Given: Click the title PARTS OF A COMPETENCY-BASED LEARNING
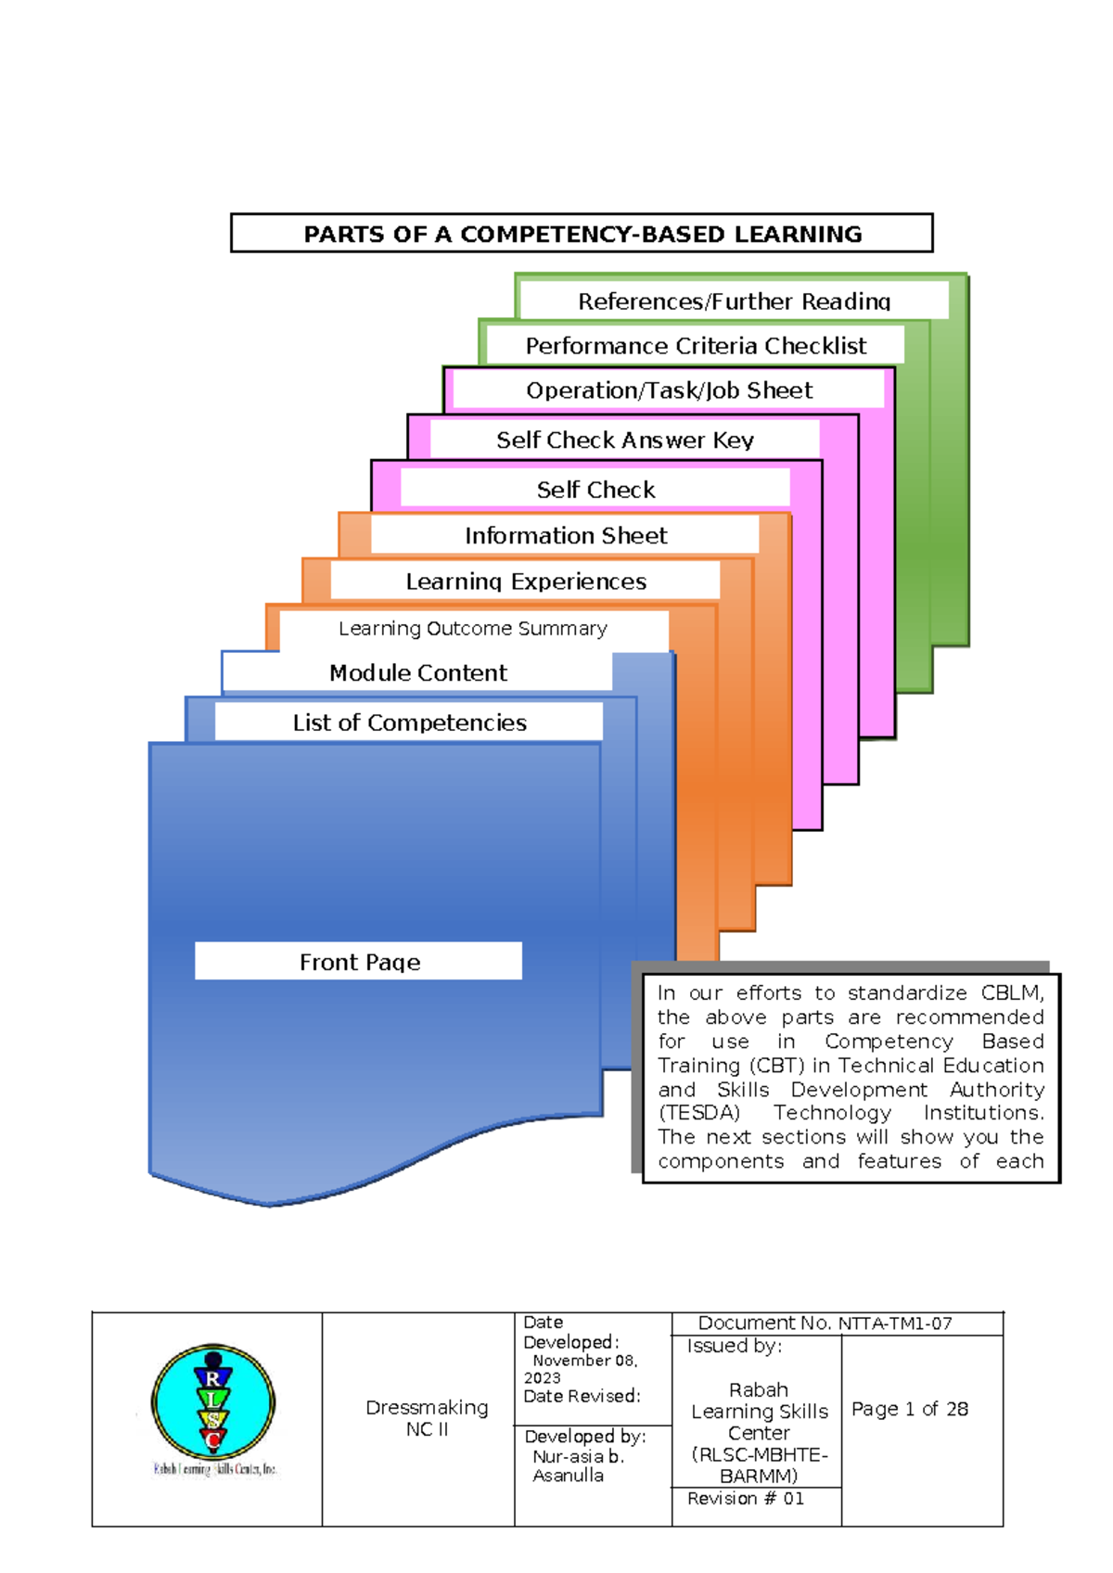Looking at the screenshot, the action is coord(582,234).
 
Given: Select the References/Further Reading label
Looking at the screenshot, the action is coord(734,301).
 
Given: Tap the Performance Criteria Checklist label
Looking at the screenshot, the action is coord(696,346).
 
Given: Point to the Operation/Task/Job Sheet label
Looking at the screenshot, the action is coord(670,390).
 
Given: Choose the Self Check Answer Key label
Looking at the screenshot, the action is coord(625,440).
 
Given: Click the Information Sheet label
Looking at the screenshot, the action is coord(566,535).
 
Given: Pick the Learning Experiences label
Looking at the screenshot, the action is coord(526,582).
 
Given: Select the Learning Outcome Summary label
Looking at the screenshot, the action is coord(473,628).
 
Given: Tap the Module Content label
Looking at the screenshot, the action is coord(417,672).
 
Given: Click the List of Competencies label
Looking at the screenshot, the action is coord(409,722).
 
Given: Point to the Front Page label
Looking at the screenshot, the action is coord(360,962).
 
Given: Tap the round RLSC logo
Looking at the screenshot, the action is coord(213,1402).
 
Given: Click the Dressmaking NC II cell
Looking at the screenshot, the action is coord(427,1418).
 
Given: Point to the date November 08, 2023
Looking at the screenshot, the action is coord(581,1369).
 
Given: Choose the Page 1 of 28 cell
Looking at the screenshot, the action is coord(909,1409).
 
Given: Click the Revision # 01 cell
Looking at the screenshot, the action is coord(745,1499).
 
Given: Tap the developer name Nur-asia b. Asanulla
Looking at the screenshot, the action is coord(578,1466).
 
